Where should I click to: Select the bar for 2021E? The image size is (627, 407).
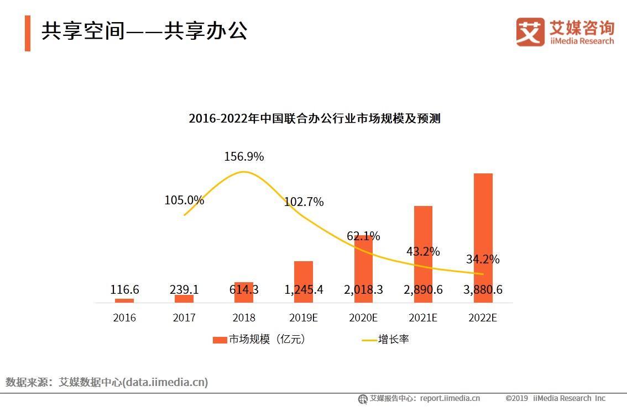(423, 243)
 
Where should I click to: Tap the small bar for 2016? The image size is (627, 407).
(124, 300)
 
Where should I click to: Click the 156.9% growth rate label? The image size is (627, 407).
(244, 157)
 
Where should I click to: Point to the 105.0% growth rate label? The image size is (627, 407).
(184, 200)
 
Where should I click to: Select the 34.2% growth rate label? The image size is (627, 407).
(482, 259)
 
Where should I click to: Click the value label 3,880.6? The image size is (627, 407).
(483, 290)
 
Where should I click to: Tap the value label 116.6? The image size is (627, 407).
(124, 290)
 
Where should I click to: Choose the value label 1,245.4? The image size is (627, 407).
(304, 290)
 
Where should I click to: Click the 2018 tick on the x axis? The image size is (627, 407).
(244, 318)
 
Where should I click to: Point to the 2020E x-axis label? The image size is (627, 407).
(363, 318)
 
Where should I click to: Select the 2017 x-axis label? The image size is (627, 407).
(184, 318)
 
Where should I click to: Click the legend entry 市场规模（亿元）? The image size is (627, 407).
(259, 340)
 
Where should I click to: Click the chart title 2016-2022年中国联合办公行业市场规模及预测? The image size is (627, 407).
(314, 118)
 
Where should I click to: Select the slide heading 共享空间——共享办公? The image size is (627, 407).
(144, 31)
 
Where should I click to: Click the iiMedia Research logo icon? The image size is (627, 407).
(530, 32)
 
